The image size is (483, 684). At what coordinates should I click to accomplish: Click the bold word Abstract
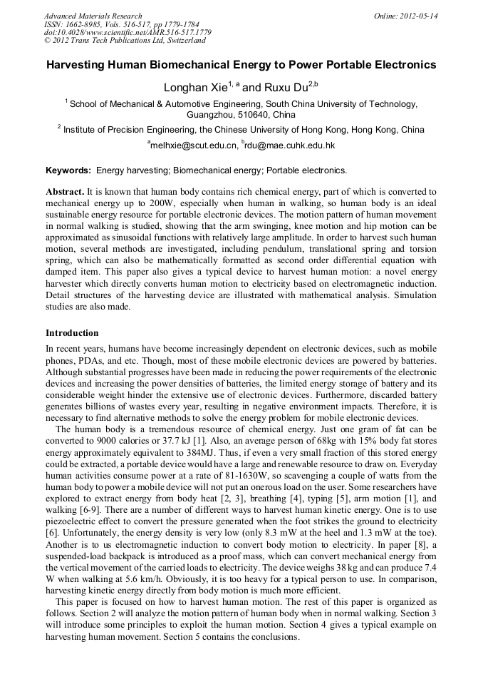pos(65,193)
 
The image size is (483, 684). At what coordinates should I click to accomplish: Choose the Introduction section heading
pos(72,333)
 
